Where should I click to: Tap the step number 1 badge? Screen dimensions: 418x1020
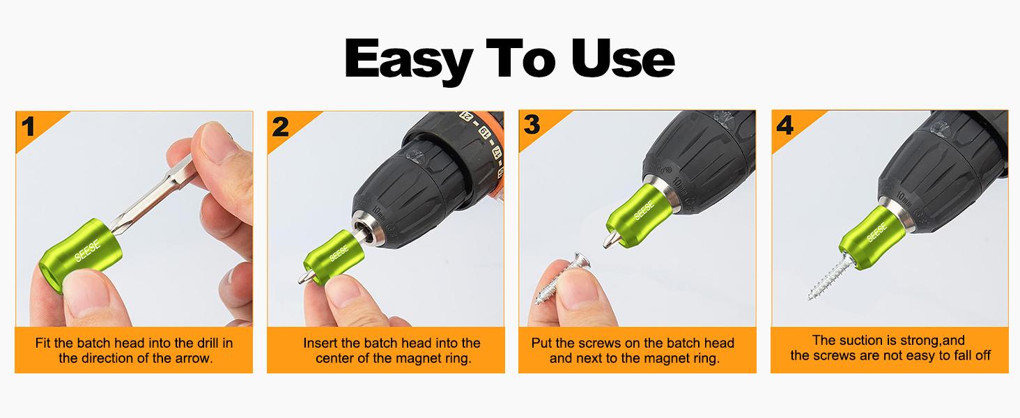(x=29, y=127)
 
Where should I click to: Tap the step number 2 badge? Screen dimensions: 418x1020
(x=280, y=127)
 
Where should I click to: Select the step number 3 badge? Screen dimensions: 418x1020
(x=532, y=125)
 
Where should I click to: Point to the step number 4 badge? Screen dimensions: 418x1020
(x=785, y=125)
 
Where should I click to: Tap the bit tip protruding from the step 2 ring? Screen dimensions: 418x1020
(x=301, y=277)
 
